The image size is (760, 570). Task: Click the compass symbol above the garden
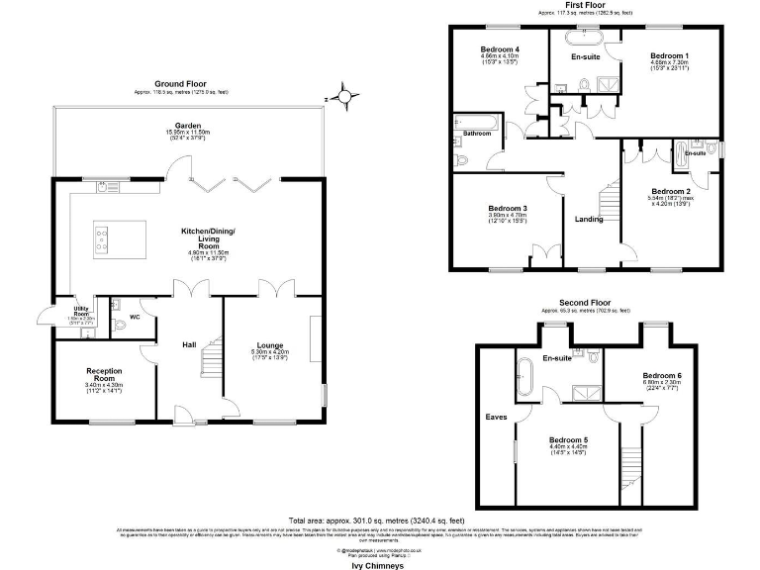tap(342, 97)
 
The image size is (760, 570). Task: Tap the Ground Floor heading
tap(180, 84)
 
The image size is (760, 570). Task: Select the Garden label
tap(189, 127)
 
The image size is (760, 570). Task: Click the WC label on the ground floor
tap(136, 317)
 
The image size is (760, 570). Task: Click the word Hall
tap(188, 344)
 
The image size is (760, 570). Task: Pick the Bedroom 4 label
tap(500, 49)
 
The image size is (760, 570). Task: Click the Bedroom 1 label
tap(669, 55)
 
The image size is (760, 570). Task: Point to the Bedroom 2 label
tap(671, 191)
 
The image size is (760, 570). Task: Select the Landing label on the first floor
tap(589, 219)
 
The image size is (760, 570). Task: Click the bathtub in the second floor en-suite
tap(524, 378)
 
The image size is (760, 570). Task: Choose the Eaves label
tap(496, 417)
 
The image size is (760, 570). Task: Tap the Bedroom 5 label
tap(569, 438)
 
